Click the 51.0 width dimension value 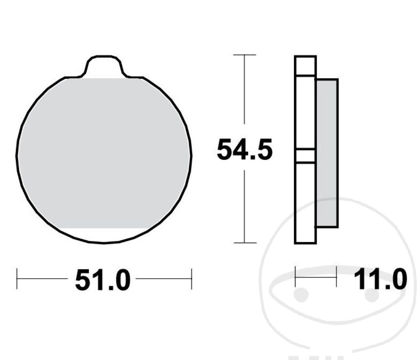coord(102,281)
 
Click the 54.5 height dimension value coord(244,150)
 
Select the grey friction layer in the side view coord(327,153)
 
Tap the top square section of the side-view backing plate coord(305,66)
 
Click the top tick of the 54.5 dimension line coord(244,55)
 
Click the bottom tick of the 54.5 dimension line coord(244,243)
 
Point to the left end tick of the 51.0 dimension coord(17,279)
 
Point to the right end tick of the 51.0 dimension coord(191,279)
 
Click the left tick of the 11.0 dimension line coord(295,277)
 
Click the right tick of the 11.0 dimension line coord(337,277)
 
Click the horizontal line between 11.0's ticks coord(316,277)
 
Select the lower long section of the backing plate coord(305,203)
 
